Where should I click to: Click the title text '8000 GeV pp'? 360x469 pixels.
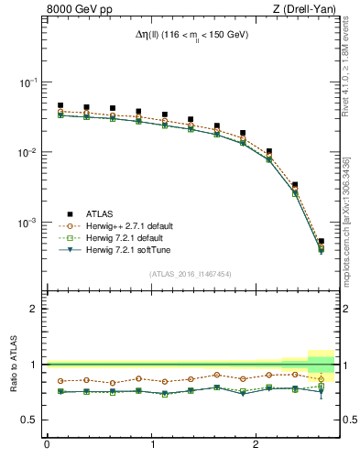80,11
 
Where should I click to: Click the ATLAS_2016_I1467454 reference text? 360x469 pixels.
190,274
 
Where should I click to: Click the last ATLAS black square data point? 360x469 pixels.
321,241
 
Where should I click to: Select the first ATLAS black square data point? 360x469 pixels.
60,105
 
